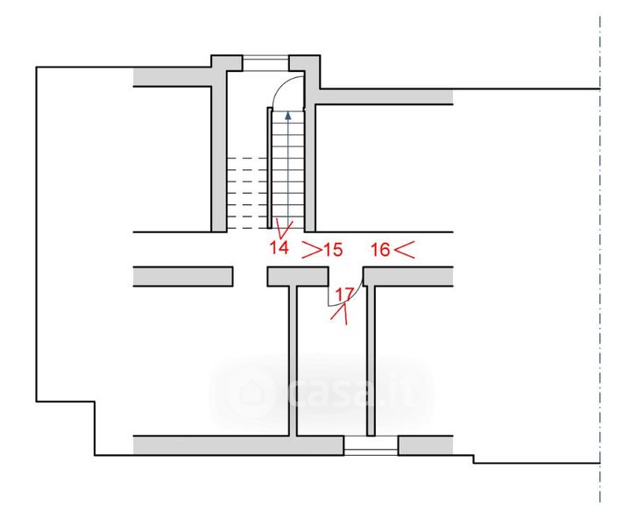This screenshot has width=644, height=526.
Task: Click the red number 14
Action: (279, 247)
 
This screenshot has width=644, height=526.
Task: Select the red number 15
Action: (333, 250)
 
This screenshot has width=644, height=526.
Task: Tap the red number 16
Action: (381, 250)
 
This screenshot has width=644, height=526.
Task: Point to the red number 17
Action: (344, 295)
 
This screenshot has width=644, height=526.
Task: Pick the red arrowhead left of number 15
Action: (312, 250)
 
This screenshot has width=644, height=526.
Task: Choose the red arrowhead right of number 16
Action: (404, 250)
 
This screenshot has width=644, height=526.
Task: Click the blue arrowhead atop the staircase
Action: (288, 115)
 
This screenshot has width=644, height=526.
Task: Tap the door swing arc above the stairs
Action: (280, 84)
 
